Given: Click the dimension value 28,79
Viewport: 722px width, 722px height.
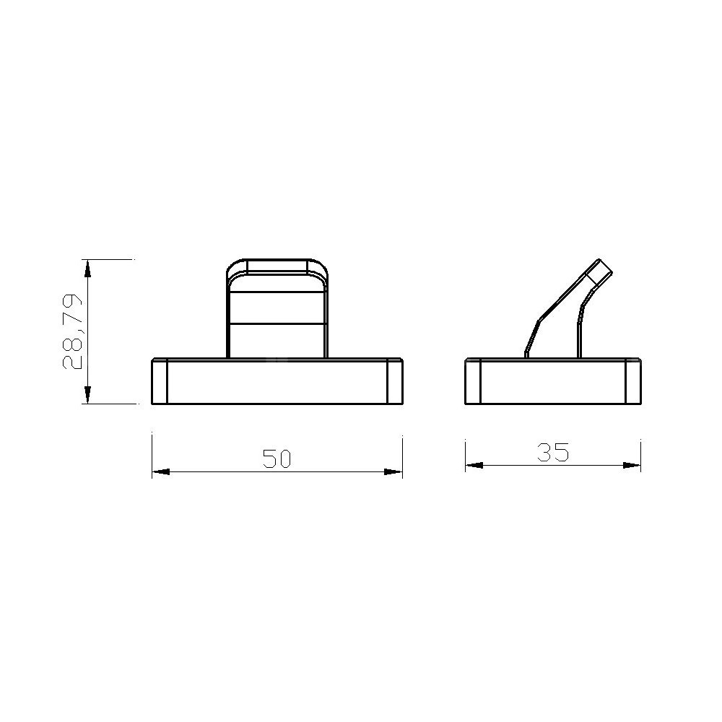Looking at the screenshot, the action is point(72,331).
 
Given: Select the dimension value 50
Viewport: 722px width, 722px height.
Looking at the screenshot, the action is point(277,458).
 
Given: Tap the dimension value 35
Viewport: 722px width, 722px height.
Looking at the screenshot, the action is point(553,452).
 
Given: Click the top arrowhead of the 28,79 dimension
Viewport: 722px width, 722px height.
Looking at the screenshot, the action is point(87,269).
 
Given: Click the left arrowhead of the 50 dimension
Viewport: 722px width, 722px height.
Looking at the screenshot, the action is point(161,471).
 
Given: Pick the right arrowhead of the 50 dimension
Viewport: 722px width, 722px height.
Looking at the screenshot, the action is point(393,471).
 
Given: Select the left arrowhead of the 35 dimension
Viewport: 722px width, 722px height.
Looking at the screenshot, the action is point(474,465).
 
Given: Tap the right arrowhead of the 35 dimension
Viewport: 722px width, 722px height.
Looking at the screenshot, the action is point(632,465).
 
